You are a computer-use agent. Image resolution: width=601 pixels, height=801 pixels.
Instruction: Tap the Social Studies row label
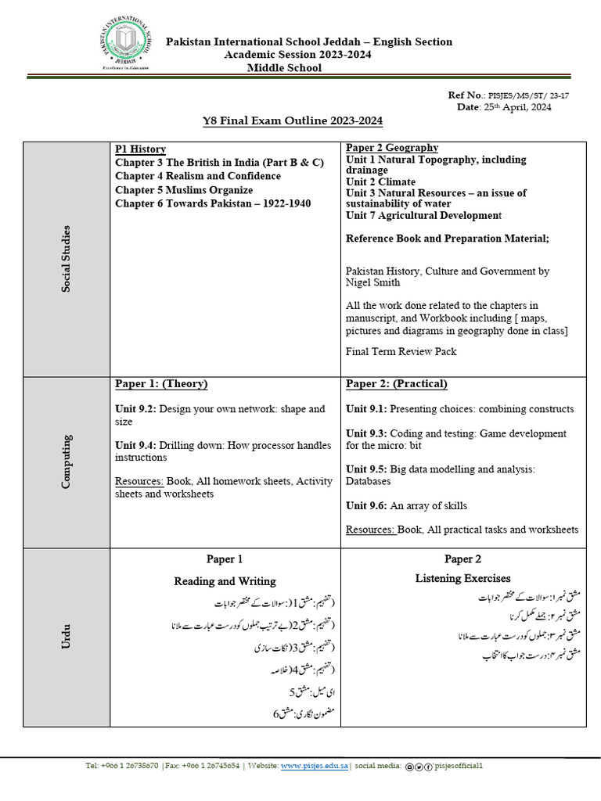coord(67,259)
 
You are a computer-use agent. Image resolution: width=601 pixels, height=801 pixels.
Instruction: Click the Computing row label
coord(67,462)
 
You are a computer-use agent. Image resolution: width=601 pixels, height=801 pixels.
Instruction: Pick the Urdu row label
coord(67,638)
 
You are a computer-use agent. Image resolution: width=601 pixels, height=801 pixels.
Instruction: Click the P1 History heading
coord(140,149)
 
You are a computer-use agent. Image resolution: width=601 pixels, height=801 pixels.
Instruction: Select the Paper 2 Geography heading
coord(392,148)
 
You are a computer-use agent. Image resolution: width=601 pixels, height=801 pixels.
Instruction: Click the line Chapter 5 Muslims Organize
coord(184,190)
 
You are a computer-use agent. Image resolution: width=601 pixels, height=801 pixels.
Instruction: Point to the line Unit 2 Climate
coord(381,181)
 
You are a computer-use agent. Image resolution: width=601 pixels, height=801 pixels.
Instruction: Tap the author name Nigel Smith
coord(372,282)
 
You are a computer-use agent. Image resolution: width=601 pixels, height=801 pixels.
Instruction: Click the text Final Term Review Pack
coord(401,352)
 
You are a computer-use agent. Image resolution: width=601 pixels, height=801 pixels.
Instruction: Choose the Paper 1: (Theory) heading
coord(161,384)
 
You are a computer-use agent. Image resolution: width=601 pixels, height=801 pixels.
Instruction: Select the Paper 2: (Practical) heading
coord(397,384)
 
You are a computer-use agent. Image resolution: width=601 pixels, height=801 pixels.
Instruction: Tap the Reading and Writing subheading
coord(225,581)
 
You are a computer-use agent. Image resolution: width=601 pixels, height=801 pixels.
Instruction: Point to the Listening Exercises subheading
coord(462,578)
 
